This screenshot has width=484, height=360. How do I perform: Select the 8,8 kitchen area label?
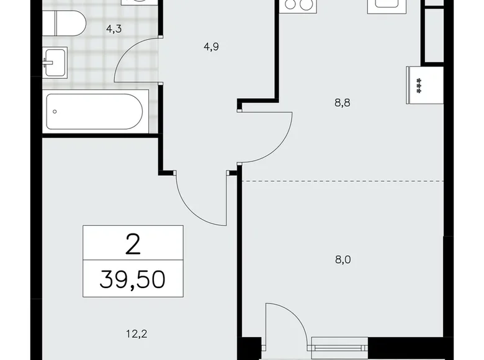[x=343, y=103]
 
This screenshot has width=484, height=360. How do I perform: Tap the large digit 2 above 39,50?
[x=133, y=244]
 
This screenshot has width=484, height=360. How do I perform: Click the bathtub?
[x=95, y=112]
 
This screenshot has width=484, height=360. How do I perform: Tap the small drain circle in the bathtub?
[x=56, y=112]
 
